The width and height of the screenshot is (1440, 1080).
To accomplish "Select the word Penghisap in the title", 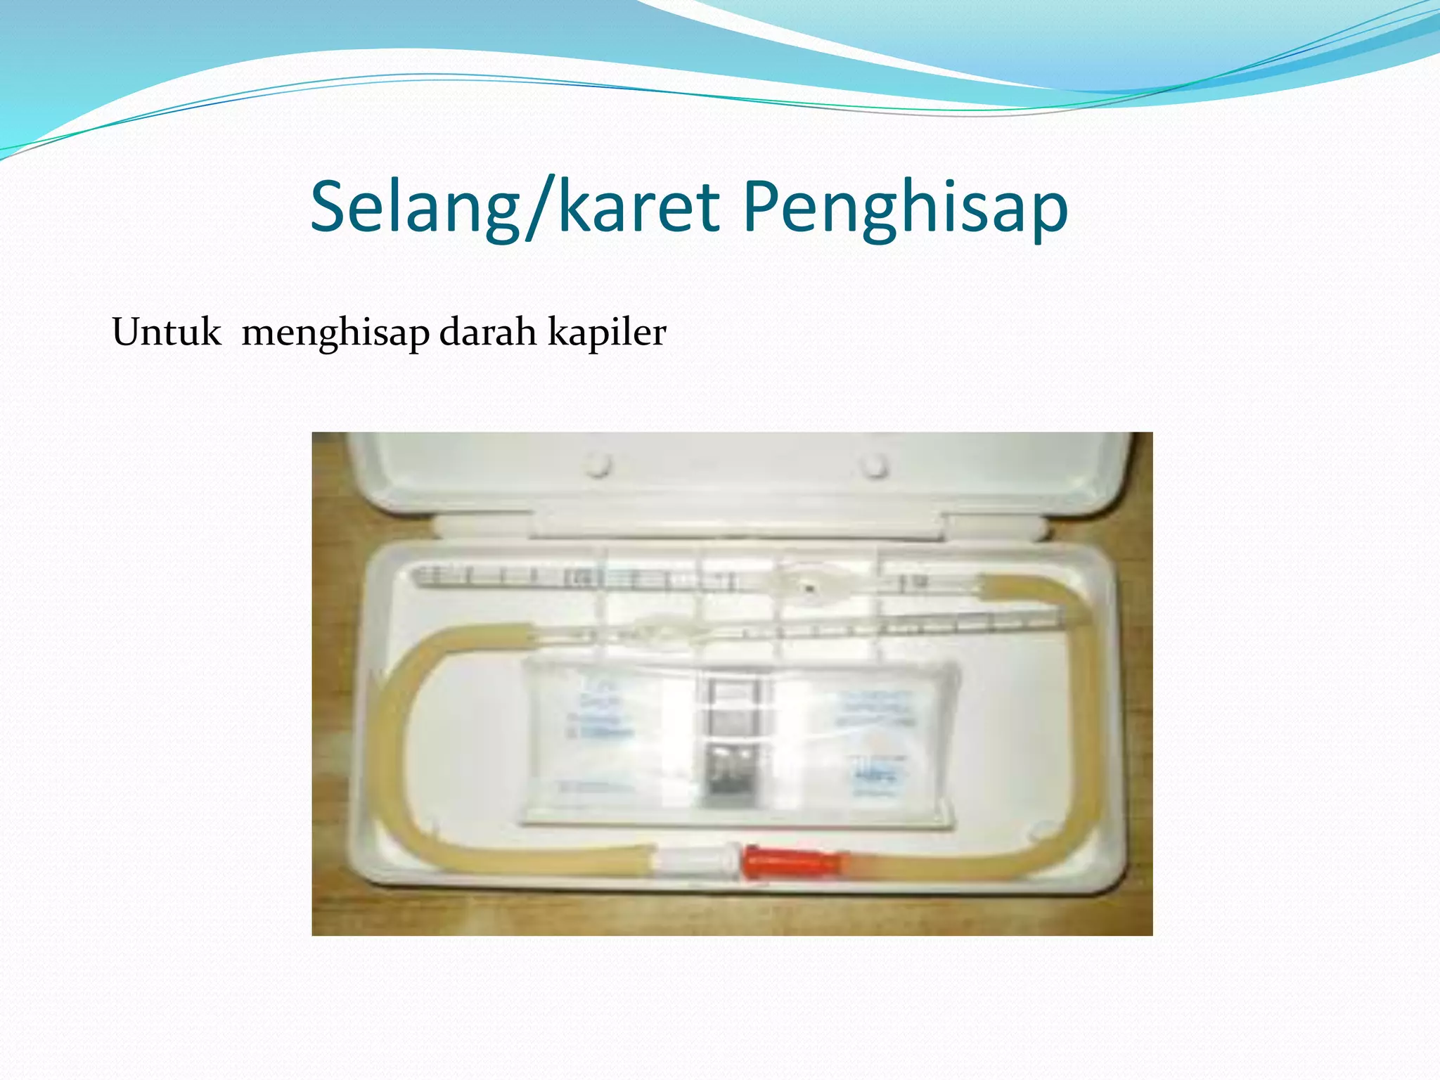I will [905, 207].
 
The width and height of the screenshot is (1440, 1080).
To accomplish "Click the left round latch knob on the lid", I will [598, 465].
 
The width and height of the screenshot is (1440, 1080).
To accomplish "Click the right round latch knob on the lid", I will [875, 465].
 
